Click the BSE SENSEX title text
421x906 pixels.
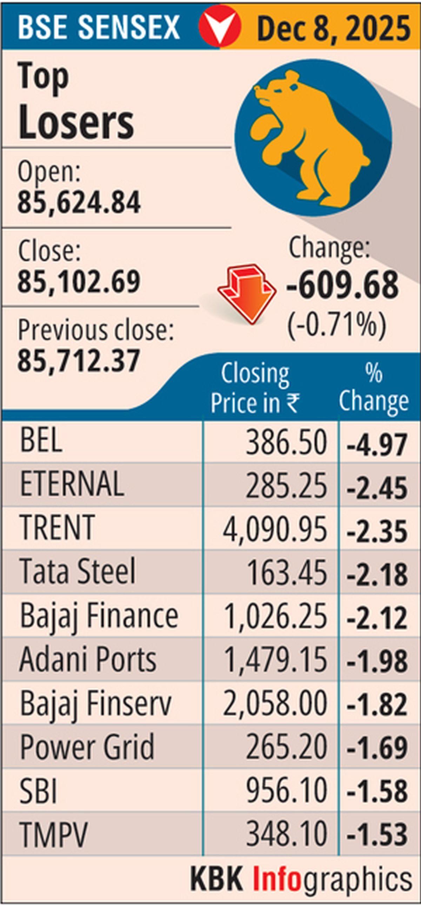(x=99, y=27)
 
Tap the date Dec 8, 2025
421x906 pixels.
(x=333, y=28)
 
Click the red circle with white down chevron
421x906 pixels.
(x=220, y=26)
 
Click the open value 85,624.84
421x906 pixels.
(x=79, y=202)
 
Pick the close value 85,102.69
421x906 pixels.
(x=79, y=282)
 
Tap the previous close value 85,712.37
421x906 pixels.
(x=79, y=361)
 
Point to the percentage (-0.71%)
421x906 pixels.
(x=337, y=326)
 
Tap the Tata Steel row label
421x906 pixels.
(x=77, y=571)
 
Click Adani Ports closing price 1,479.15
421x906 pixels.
(x=275, y=660)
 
